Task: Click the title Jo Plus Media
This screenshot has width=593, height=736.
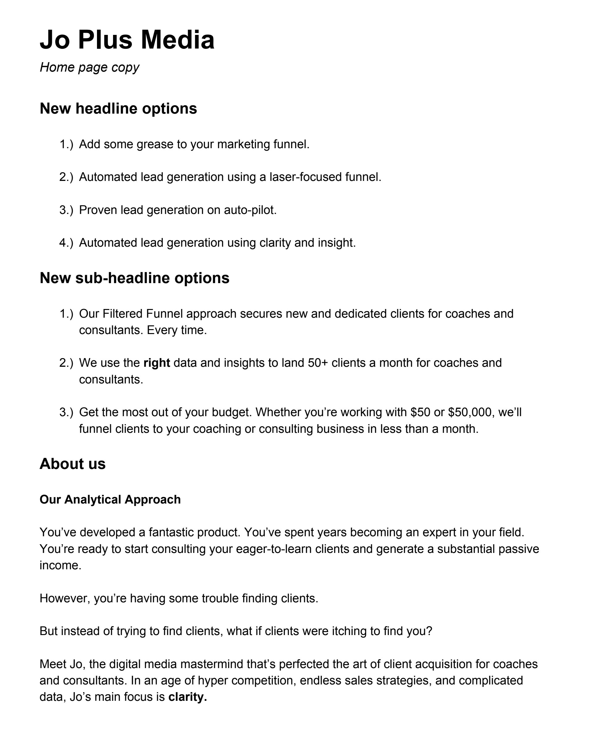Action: [127, 40]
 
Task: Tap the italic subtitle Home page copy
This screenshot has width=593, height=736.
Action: [90, 67]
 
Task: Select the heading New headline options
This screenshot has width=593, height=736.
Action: [118, 109]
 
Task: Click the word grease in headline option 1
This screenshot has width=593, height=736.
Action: [155, 145]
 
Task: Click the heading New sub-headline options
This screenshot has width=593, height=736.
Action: [135, 278]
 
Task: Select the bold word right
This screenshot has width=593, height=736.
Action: [157, 363]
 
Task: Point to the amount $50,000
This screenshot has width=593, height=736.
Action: [471, 412]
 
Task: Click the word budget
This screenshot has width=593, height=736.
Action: [231, 412]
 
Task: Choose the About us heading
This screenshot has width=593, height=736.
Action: [72, 464]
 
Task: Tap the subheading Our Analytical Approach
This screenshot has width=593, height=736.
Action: [110, 500]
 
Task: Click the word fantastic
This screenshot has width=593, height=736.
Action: [171, 532]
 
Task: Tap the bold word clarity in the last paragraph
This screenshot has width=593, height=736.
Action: [187, 697]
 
